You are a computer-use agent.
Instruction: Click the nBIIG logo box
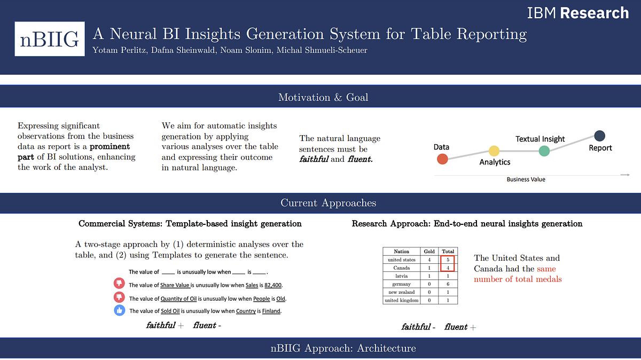pos(50,39)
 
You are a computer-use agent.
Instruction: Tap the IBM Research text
pos(578,13)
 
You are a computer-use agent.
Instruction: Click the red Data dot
pos(442,159)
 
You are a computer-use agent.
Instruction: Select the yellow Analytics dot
pos(494,151)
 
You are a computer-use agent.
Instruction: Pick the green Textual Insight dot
pos(544,151)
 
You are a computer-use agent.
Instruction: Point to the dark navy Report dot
pos(600,136)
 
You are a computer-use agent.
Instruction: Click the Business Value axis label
pos(526,179)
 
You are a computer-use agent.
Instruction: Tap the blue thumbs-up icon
pos(119,311)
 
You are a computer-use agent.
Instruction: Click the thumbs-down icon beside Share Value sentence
pos(119,284)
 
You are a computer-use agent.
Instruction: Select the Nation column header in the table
pos(401,251)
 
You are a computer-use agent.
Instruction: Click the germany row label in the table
pos(401,284)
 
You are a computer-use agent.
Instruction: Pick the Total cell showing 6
pos(448,284)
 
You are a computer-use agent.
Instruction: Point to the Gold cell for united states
pos(429,260)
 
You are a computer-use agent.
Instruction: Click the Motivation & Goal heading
pos(323,97)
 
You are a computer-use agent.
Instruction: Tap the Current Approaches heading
pos(328,203)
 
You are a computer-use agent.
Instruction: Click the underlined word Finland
pos(271,311)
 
